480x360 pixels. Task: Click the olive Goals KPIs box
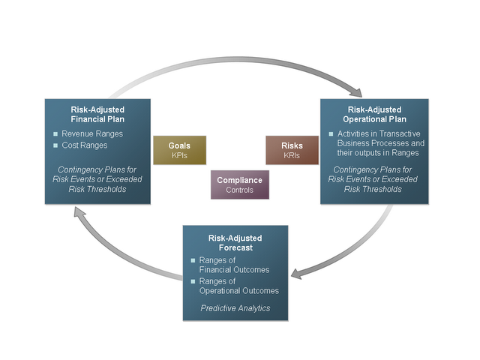pyautogui.click(x=179, y=149)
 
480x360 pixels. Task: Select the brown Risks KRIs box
pyautogui.click(x=292, y=149)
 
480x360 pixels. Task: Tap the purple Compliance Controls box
pyautogui.click(x=239, y=184)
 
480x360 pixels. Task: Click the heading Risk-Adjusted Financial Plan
pyautogui.click(x=97, y=114)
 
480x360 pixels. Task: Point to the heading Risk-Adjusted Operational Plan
pyautogui.click(x=374, y=114)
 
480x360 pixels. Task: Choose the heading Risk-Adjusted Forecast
pyautogui.click(x=235, y=242)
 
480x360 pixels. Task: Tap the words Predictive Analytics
pyautogui.click(x=235, y=307)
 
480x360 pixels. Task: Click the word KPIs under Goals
pyautogui.click(x=179, y=155)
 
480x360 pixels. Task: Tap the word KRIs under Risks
pyautogui.click(x=292, y=155)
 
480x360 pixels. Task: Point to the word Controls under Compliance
pyautogui.click(x=239, y=190)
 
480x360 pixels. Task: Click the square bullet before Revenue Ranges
pyautogui.click(x=55, y=133)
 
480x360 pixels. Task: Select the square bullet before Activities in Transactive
pyautogui.click(x=330, y=133)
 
